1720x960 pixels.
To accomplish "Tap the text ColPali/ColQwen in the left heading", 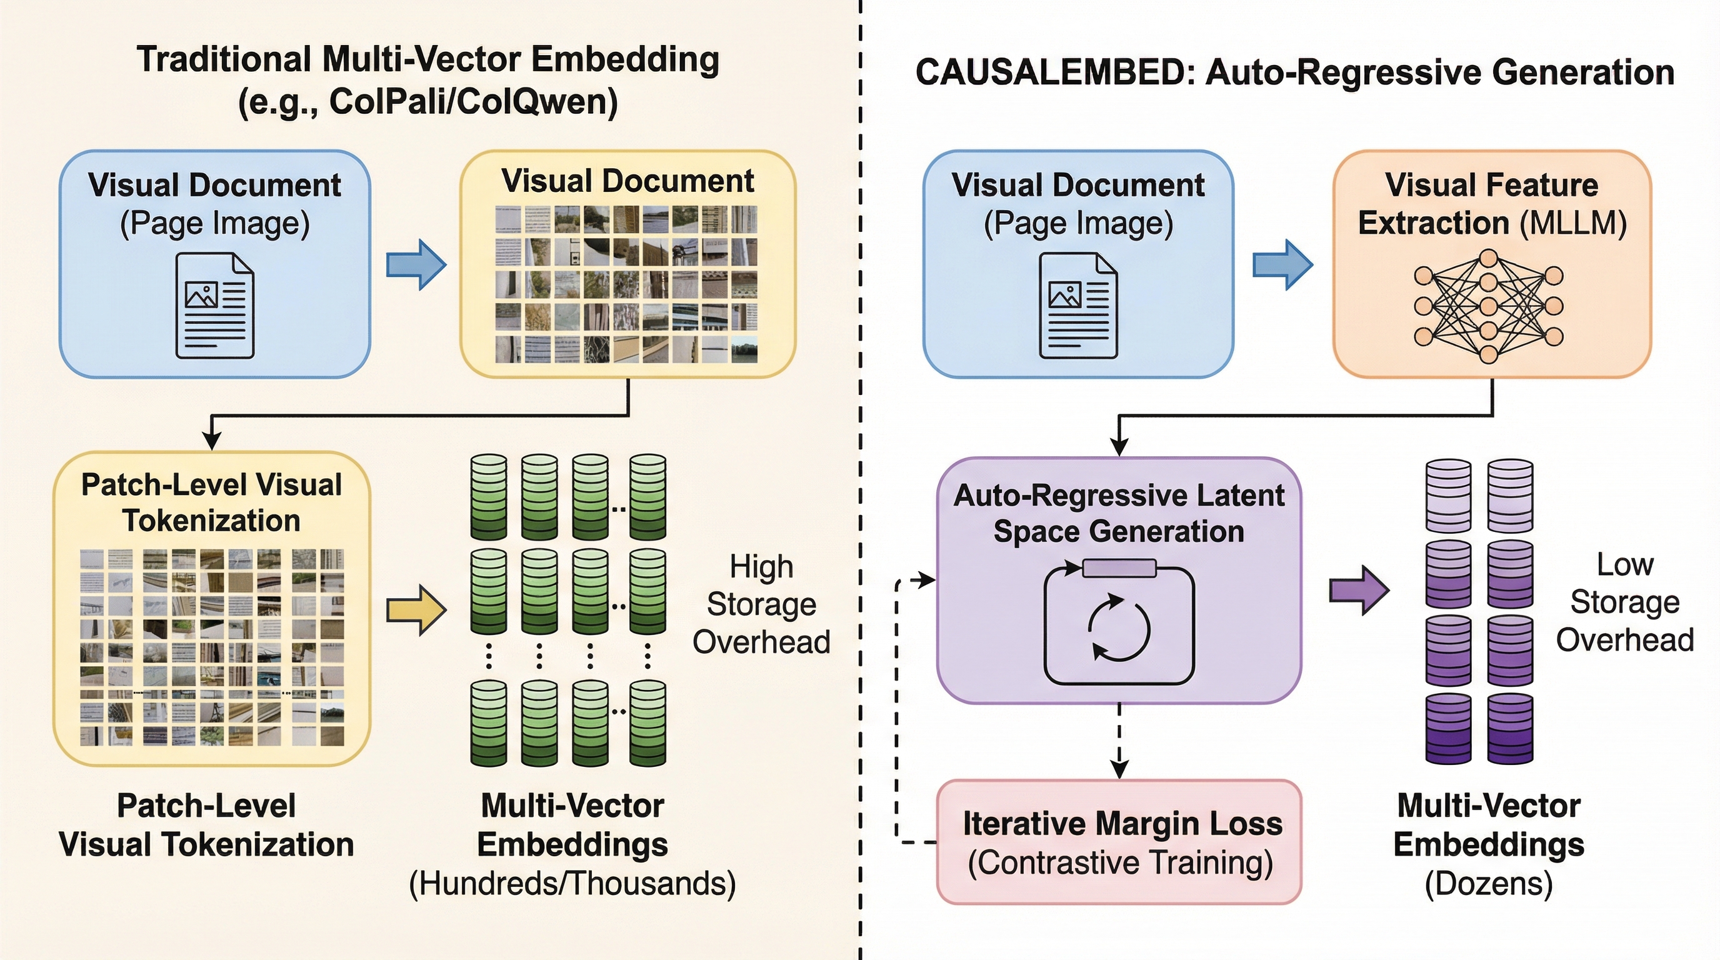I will pos(472,101).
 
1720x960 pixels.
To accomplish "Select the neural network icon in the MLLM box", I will pos(1488,306).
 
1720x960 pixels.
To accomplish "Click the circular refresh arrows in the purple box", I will pos(1119,627).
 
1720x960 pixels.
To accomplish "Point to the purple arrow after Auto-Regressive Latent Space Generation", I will pos(1359,590).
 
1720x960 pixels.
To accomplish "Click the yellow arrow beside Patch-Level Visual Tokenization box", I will pos(416,609).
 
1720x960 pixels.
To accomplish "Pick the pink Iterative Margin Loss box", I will pos(1119,842).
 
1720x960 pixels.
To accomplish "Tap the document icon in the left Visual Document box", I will pos(215,305).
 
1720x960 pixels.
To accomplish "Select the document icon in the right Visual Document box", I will pos(1078,305).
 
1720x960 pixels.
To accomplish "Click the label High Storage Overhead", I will pos(761,604).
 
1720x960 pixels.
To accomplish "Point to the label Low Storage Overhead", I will pos(1624,602).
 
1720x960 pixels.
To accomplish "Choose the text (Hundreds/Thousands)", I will pos(572,883).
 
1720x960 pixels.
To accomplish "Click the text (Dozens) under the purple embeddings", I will pos(1488,883).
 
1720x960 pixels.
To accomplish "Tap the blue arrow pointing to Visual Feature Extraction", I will pos(1282,265).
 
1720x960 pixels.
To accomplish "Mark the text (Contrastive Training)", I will pos(1120,862).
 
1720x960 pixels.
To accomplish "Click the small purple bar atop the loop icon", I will pos(1119,568).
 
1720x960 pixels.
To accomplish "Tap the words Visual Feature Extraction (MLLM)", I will pos(1492,204).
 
